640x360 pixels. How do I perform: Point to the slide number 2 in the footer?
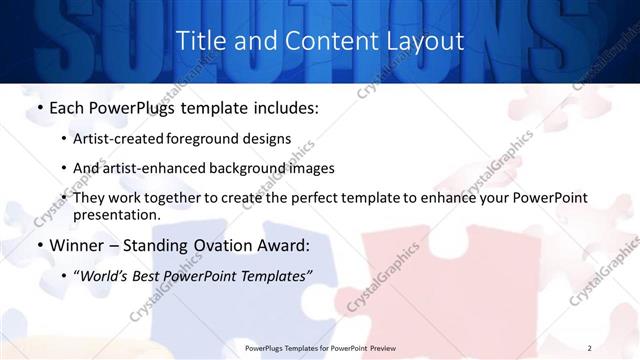pyautogui.click(x=590, y=348)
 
